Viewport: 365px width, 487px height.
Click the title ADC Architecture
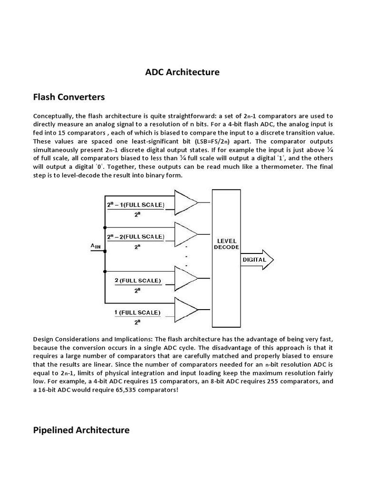pos(182,72)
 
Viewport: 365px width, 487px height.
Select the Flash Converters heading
pos(68,97)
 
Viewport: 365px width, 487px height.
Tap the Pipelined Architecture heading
pos(81,430)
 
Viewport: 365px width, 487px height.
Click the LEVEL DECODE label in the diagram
pos(226,243)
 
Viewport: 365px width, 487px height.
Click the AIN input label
pos(96,246)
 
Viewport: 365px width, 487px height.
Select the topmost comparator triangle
pos(186,203)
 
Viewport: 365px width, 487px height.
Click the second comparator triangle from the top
pos(186,234)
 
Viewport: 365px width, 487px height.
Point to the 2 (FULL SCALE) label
pos(138,281)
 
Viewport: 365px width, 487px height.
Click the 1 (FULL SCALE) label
pos(138,312)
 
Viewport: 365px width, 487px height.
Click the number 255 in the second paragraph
pos(273,381)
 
